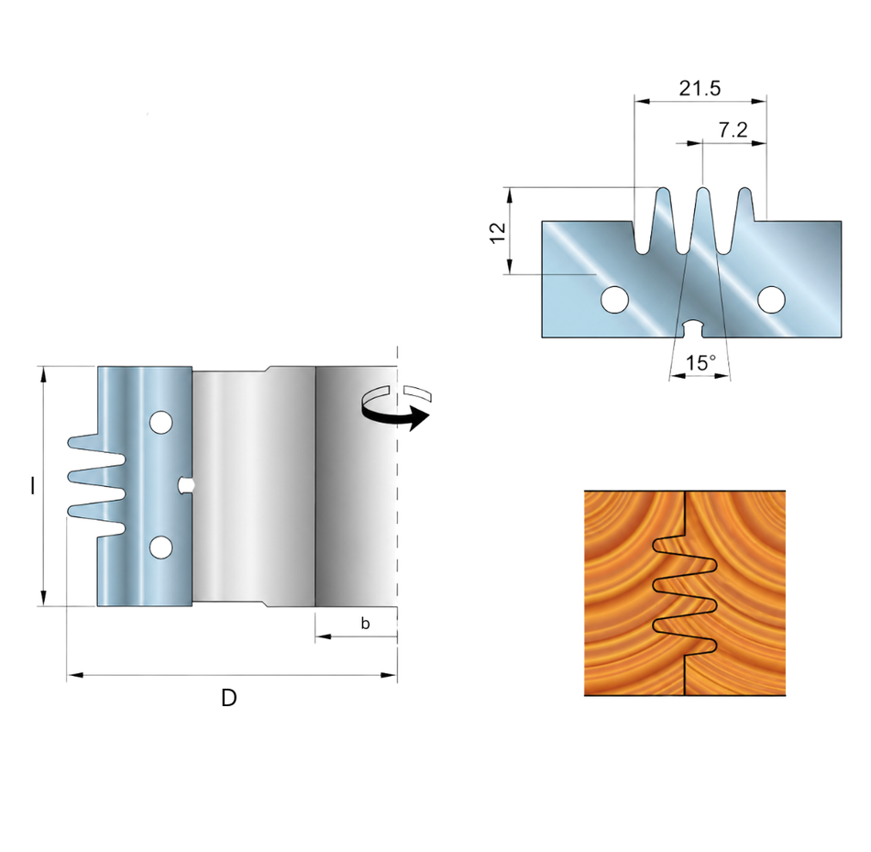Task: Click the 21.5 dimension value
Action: pyautogui.click(x=700, y=88)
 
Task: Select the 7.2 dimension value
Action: pyautogui.click(x=733, y=130)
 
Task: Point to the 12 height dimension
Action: pyautogui.click(x=498, y=232)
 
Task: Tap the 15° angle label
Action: pyautogui.click(x=700, y=363)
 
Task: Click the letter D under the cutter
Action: pyautogui.click(x=229, y=698)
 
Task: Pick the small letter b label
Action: pyautogui.click(x=365, y=623)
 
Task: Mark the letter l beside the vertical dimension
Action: pyautogui.click(x=33, y=486)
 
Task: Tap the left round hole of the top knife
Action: pyautogui.click(x=615, y=300)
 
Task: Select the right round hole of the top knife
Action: pyautogui.click(x=771, y=300)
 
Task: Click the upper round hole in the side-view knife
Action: pyautogui.click(x=160, y=423)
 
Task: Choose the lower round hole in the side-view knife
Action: pyautogui.click(x=160, y=548)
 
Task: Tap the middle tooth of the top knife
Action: pyautogui.click(x=702, y=219)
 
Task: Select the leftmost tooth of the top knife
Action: pyautogui.click(x=664, y=219)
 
